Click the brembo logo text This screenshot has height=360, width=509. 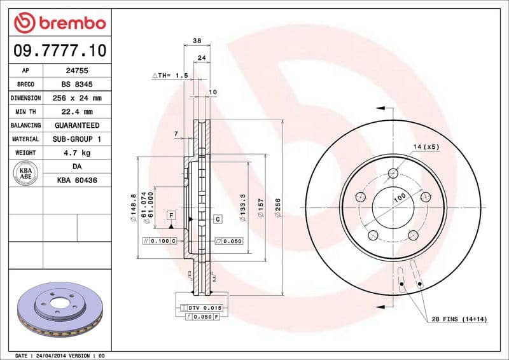tap(59, 24)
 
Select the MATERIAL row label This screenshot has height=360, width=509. tap(25, 139)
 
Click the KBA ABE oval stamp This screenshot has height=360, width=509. tap(25, 173)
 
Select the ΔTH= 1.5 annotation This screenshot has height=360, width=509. tap(170, 76)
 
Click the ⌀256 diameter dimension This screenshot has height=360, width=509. tap(277, 208)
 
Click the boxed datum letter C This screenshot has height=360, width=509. tap(218, 219)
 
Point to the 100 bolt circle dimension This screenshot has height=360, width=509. tap(399, 198)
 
